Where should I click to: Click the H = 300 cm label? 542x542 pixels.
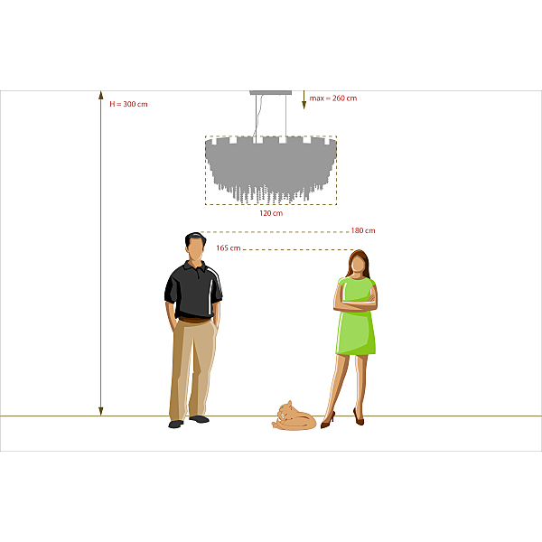128,104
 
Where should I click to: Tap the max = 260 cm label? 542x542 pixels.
332,98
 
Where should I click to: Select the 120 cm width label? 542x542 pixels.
271,213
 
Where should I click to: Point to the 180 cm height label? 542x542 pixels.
363,230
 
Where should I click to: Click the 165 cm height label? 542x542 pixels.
229,248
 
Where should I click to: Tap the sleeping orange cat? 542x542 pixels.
294,416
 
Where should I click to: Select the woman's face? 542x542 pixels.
358,264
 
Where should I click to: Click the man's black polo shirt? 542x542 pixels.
193,290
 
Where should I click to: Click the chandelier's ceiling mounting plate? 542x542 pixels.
271,93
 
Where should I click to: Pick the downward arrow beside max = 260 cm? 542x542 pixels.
304,100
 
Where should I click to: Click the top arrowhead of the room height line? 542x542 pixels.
101,94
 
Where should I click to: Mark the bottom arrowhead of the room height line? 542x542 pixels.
101,411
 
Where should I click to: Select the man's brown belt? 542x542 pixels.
194,320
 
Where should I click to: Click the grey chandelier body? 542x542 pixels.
271,166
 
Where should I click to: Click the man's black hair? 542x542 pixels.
195,238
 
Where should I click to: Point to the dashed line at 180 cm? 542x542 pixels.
275,232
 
